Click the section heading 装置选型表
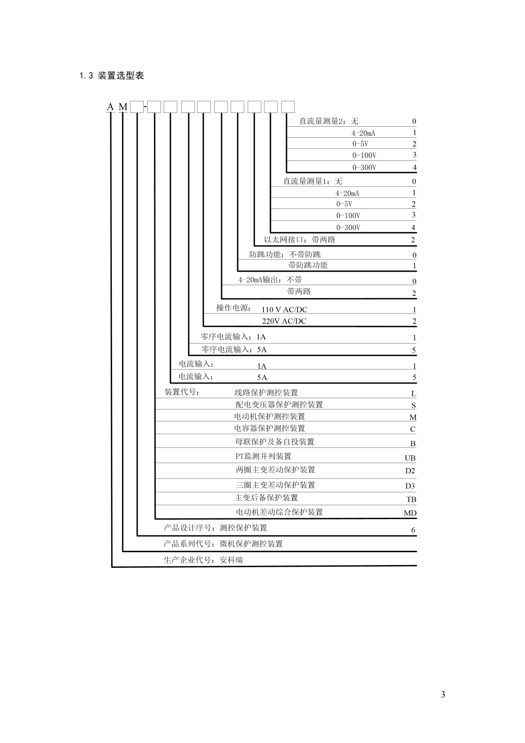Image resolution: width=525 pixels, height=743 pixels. (x=121, y=75)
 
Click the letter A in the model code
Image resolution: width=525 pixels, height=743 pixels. (x=111, y=107)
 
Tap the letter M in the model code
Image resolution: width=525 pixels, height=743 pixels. (x=123, y=107)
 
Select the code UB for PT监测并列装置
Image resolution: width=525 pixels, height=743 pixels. (x=410, y=458)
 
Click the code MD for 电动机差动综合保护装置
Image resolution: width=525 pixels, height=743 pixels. (x=410, y=513)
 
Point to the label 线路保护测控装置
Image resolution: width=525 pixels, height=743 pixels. (x=266, y=393)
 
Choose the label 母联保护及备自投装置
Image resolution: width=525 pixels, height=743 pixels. (x=275, y=442)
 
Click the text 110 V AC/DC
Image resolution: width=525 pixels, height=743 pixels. (x=284, y=310)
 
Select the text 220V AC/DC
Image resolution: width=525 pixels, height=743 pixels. (x=284, y=321)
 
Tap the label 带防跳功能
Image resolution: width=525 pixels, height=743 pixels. (x=308, y=265)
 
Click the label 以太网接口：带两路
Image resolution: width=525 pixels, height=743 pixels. (x=300, y=240)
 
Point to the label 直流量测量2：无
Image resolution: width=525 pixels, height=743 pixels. (x=329, y=122)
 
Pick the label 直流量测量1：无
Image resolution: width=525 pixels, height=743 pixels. (x=312, y=181)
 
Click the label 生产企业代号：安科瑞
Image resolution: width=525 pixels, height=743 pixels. (x=203, y=560)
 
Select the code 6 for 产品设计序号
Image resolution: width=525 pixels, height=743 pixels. (x=413, y=530)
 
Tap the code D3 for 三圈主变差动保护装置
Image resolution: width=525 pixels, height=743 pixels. (x=410, y=486)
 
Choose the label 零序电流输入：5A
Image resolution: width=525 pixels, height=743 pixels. (x=234, y=350)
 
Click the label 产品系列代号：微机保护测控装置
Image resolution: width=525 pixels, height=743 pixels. (x=223, y=544)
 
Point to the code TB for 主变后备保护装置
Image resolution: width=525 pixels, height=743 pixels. (x=411, y=500)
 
